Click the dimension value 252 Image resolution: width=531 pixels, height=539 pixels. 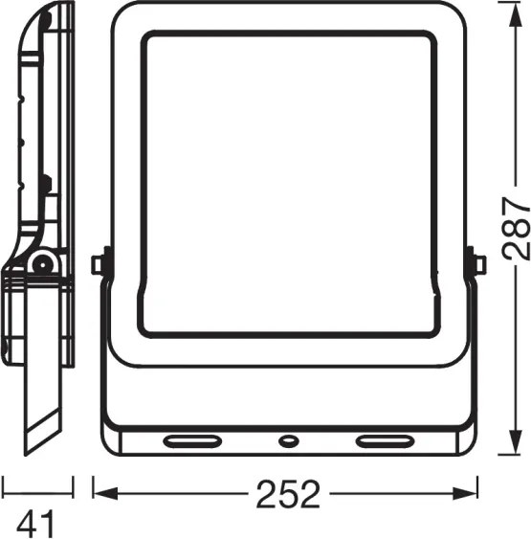288,494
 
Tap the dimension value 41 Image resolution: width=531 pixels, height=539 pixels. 35,524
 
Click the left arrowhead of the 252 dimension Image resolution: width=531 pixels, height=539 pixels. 105,494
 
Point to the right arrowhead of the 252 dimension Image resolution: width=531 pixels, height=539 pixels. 465,494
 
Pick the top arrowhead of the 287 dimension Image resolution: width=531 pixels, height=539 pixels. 515,14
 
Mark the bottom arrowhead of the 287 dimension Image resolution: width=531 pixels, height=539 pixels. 515,442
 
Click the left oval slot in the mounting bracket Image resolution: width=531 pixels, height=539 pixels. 192,441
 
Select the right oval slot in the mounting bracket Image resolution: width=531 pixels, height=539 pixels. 385,441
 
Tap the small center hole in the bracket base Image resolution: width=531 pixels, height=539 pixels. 289,441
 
